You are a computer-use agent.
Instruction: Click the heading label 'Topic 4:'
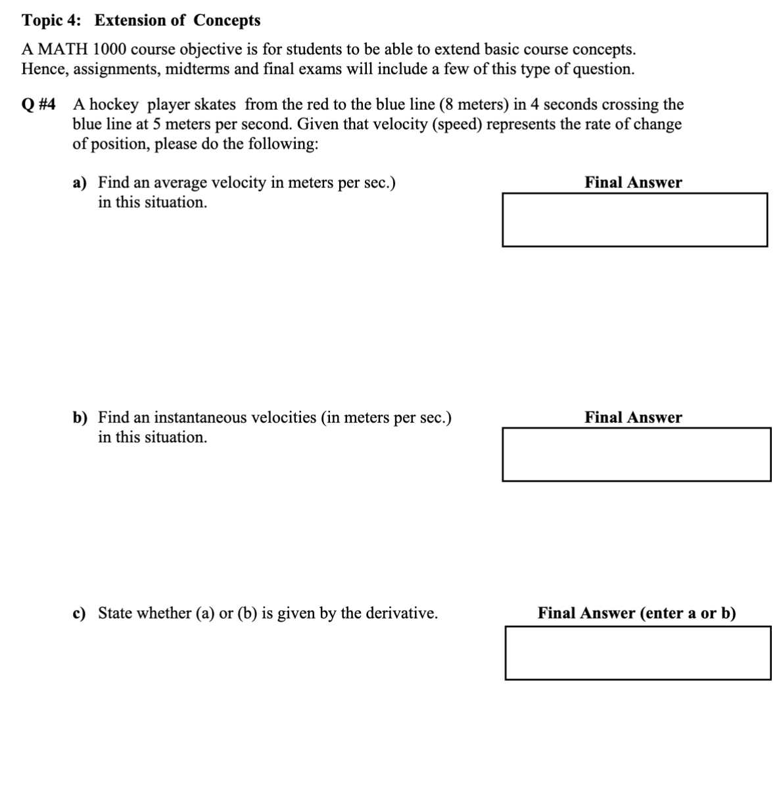[x=52, y=20]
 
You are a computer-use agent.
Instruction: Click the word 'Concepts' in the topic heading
[x=227, y=20]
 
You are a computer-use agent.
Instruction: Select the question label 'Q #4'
[x=39, y=105]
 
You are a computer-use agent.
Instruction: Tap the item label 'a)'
[x=80, y=183]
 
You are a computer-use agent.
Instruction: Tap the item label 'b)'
[x=80, y=418]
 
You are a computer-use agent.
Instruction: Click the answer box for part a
[x=634, y=220]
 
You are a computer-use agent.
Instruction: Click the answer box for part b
[x=636, y=455]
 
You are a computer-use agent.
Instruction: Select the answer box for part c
[x=638, y=653]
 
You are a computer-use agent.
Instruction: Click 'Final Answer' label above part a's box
[x=633, y=183]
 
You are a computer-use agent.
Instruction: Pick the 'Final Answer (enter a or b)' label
[x=636, y=614]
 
